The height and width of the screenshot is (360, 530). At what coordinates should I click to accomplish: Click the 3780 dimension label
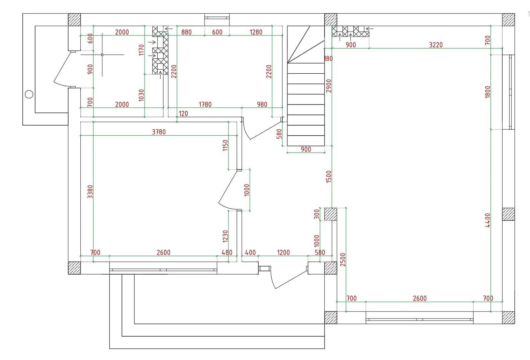tap(159, 132)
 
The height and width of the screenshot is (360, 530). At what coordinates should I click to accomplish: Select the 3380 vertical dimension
tap(90, 192)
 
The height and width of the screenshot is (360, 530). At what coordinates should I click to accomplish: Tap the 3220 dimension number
tap(436, 45)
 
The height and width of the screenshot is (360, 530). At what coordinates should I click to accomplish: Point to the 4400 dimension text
tap(488, 220)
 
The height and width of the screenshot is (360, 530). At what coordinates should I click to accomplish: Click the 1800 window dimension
tap(488, 92)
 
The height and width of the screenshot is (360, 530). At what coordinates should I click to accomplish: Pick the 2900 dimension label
tap(329, 86)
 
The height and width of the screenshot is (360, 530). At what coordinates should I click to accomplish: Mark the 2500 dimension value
tap(343, 260)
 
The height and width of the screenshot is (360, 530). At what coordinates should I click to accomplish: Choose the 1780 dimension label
tap(205, 104)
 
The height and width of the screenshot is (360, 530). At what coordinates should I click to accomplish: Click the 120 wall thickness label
tap(183, 114)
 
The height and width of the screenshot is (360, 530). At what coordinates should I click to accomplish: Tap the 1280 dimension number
tap(256, 32)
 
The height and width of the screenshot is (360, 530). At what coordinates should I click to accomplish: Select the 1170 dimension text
tap(141, 50)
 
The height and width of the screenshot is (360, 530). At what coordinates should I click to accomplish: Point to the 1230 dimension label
tap(225, 236)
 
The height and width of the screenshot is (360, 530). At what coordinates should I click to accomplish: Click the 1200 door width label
tap(283, 253)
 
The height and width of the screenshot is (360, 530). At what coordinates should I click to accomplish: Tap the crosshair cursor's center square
tap(102, 55)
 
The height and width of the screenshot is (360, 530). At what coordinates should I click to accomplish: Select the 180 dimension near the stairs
tap(328, 59)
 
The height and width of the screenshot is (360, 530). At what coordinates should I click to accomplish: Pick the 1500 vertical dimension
tap(329, 176)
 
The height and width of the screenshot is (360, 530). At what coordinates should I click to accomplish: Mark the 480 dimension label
tap(227, 253)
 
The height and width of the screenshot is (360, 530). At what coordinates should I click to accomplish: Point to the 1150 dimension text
tap(225, 145)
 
